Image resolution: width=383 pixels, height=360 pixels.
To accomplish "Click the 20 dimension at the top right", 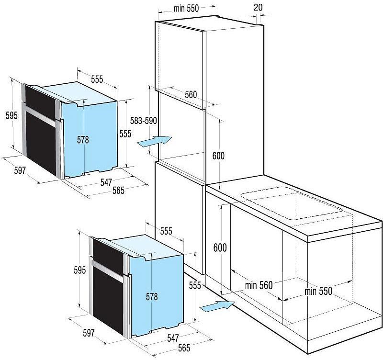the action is pos(258,7).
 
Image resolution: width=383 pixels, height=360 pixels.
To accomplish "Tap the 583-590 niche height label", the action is pos(143,121).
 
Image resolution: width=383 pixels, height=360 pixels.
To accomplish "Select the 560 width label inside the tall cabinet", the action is pos(191,94).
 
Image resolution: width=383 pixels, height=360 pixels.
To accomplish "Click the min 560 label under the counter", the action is pos(259,285).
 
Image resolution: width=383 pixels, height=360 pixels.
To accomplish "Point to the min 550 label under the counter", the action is pos(318,291).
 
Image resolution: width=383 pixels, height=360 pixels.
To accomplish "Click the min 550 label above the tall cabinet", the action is pos(186,8).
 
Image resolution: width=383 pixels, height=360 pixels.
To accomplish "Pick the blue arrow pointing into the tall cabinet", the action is pos(155,141).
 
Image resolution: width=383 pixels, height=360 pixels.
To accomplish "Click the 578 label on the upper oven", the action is pos(83,140).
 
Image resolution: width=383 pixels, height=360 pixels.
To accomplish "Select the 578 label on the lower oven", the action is pos(152,296).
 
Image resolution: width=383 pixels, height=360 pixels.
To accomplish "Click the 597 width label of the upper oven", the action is pos(20,170).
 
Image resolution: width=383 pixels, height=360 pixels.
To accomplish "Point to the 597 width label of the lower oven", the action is pos(89,333).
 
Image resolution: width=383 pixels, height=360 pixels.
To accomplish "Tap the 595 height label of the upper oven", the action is pos(11,115).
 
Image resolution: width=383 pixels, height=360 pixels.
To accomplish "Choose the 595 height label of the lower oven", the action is pos(80,270).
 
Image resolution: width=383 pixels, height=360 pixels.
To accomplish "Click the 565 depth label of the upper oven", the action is pos(118,190).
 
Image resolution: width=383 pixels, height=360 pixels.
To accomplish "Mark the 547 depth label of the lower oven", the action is pos(173,338).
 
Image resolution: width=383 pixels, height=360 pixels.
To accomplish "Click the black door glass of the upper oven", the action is pos(41,144).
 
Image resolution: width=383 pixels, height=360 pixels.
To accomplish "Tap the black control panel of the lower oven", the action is pos(108,256).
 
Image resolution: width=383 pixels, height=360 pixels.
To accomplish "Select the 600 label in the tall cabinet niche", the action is pos(218,156).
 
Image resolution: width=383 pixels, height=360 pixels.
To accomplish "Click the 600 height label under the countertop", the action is pos(220,247).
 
